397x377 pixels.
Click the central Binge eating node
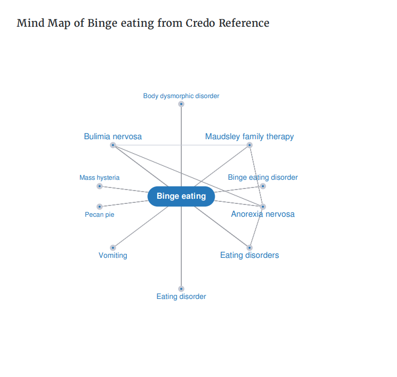pyautogui.click(x=181, y=196)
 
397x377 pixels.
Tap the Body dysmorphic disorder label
pyautogui.click(x=181, y=96)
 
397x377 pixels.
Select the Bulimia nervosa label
pyautogui.click(x=113, y=137)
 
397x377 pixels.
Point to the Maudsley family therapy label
pyautogui.click(x=250, y=137)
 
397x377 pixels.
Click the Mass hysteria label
pyautogui.click(x=100, y=178)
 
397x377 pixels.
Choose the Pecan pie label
pyautogui.click(x=100, y=215)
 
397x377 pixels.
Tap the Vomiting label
pyautogui.click(x=113, y=255)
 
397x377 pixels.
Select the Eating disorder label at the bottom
pyautogui.click(x=181, y=296)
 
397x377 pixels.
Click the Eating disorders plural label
pyautogui.click(x=250, y=255)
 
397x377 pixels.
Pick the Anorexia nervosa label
pyautogui.click(x=263, y=214)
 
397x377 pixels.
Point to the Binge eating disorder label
pyautogui.click(x=263, y=177)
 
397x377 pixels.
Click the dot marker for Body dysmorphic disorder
pyautogui.click(x=181, y=104)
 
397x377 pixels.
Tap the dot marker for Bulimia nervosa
pyautogui.click(x=113, y=145)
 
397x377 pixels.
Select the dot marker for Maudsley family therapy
pyautogui.click(x=250, y=145)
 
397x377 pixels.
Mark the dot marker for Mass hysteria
pyautogui.click(x=100, y=186)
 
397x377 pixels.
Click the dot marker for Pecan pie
pyautogui.click(x=100, y=206)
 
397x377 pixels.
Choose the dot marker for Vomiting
pyautogui.click(x=113, y=248)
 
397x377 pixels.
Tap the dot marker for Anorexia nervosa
pyautogui.click(x=263, y=206)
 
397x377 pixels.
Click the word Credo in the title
pyautogui.click(x=200, y=23)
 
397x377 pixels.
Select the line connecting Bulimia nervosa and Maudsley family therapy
pyautogui.click(x=181, y=145)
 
